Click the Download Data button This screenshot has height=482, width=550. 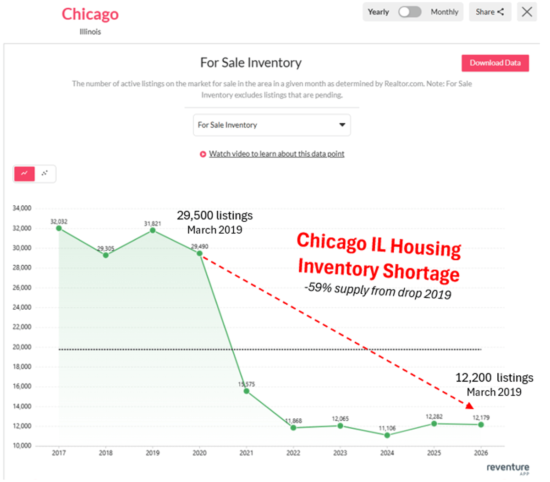(x=495, y=63)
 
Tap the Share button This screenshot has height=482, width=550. (x=489, y=12)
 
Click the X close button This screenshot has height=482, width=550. (x=527, y=12)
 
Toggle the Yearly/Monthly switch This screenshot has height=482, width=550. (x=409, y=12)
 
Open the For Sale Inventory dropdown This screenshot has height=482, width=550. (x=272, y=125)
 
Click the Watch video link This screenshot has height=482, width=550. (x=276, y=154)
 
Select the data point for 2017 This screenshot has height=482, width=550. (x=59, y=228)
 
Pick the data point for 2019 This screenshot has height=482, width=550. (x=153, y=230)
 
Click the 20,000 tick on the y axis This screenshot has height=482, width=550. (x=22, y=347)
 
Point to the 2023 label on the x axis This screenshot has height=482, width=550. (x=340, y=453)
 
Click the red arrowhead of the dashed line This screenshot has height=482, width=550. (x=469, y=405)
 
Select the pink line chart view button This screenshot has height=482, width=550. (x=25, y=174)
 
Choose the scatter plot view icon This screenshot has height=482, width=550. (x=44, y=174)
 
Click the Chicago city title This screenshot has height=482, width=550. (x=90, y=14)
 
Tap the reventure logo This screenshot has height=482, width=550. (x=507, y=468)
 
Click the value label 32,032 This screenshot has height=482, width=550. (x=59, y=222)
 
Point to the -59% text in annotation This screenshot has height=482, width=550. (x=318, y=287)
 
